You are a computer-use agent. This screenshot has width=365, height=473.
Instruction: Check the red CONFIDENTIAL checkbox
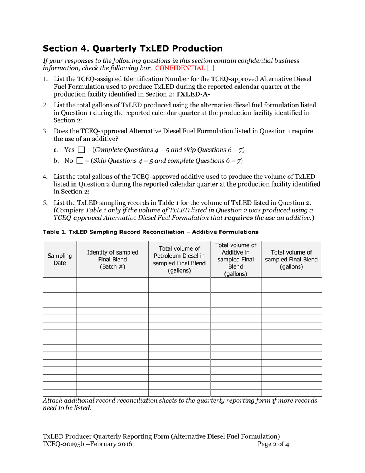pyautogui.click(x=211, y=68)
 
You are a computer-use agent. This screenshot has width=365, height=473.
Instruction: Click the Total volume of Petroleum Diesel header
pyautogui.click(x=179, y=260)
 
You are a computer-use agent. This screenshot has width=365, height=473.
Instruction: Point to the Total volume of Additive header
pyautogui.click(x=236, y=260)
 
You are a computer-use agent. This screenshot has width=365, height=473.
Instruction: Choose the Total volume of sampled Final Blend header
pyautogui.click(x=291, y=260)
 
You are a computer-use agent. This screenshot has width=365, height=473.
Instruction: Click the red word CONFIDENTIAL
pyautogui.click(x=180, y=68)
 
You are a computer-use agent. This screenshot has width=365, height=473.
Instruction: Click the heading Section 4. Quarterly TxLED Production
pyautogui.click(x=133, y=48)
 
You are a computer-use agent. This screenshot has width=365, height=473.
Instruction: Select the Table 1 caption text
pyautogui.click(x=150, y=232)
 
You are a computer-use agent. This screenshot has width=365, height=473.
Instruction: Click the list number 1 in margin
pyautogui.click(x=45, y=79)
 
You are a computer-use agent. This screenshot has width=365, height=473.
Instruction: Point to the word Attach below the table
pyautogui.click(x=52, y=401)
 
